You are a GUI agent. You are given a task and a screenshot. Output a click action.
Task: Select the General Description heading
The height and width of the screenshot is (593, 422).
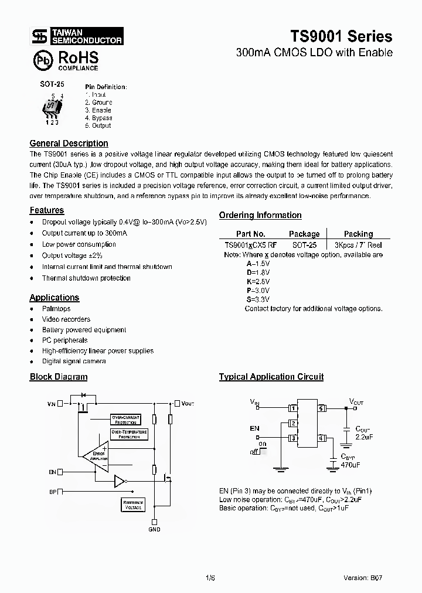(69, 143)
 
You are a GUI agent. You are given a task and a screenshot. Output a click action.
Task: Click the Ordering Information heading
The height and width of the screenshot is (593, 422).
(260, 215)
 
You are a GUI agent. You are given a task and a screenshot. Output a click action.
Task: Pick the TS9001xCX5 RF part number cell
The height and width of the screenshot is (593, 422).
(251, 245)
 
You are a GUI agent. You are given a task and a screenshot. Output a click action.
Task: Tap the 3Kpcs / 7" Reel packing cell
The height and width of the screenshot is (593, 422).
(358, 245)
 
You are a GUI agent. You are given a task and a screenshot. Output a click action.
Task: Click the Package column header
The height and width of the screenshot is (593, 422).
(304, 234)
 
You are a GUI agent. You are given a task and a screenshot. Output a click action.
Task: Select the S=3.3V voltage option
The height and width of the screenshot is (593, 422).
(258, 299)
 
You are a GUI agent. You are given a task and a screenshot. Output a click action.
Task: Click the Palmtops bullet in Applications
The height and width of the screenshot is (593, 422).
(56, 309)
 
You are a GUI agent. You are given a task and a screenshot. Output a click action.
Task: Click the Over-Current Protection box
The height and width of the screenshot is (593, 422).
(125, 420)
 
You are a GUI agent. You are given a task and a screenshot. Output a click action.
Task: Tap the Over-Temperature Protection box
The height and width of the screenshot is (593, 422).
(129, 434)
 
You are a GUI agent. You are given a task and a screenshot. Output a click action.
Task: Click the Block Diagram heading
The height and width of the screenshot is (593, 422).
(59, 377)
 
